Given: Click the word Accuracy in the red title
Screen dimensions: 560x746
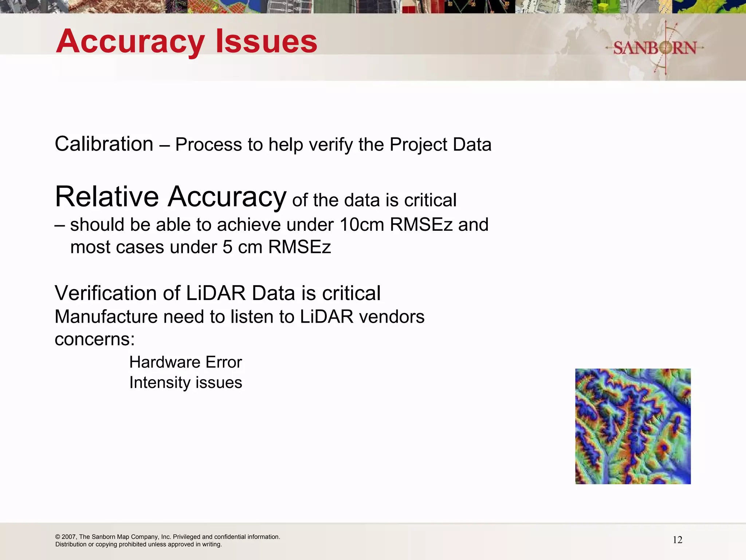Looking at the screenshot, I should click(x=130, y=42).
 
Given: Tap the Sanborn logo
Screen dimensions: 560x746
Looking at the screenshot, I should click(x=655, y=48).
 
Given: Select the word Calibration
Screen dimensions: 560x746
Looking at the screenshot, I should click(x=104, y=144).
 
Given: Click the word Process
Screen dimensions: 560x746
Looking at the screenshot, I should click(x=209, y=145).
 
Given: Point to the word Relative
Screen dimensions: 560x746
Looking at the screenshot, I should click(x=107, y=197).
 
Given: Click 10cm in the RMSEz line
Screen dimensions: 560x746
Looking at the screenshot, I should click(x=361, y=225).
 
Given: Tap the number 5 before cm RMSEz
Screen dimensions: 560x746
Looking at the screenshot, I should click(x=227, y=247).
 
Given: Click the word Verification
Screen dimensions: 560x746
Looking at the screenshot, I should click(x=117, y=293).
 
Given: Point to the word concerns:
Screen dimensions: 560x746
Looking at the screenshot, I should click(x=95, y=339).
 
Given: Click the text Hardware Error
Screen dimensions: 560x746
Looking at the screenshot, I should click(x=185, y=362).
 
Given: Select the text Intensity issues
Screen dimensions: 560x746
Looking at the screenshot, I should click(x=185, y=383).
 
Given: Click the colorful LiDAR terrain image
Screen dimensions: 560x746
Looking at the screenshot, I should click(x=633, y=426).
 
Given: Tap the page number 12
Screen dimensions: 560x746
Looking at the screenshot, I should click(x=677, y=540).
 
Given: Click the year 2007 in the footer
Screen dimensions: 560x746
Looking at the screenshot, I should click(x=69, y=537).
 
